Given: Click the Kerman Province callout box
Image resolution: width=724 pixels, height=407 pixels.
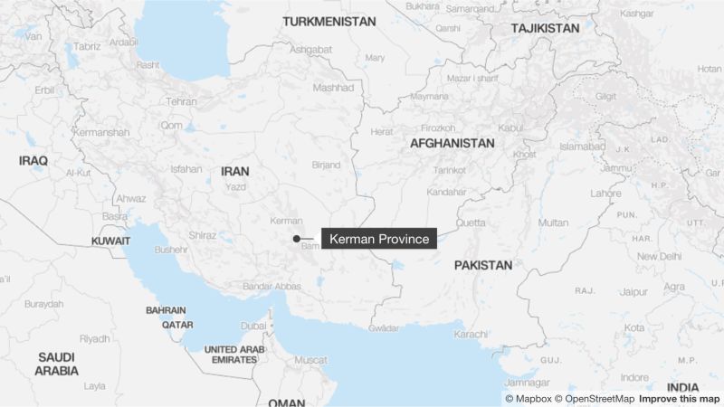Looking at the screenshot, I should coord(379,239).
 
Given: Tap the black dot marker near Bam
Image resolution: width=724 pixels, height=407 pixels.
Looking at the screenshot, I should coord(297,239).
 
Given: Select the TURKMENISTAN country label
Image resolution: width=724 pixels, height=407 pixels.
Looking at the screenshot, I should coord(328,21).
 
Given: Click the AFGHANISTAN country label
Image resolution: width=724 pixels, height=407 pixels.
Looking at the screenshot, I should coord(452,143).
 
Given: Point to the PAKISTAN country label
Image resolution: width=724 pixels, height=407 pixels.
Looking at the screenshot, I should coord(483,265).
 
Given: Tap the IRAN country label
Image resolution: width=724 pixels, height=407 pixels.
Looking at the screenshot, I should coord(235,169).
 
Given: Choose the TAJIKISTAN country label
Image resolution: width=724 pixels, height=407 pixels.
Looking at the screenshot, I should coord(545,29).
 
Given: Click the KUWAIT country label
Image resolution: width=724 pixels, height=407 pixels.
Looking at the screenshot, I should coord(110,241).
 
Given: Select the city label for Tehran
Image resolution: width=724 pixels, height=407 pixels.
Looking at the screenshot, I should coord(181,102).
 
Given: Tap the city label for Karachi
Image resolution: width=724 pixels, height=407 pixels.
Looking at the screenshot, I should coord(472,335).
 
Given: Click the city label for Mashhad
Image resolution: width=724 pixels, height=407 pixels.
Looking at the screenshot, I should coord(334,88).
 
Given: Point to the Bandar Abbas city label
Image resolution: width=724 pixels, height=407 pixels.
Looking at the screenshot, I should coord(271,287).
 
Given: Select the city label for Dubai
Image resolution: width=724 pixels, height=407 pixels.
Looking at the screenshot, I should coord(253,326).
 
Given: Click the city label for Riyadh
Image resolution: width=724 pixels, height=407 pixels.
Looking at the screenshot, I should coord(94,339).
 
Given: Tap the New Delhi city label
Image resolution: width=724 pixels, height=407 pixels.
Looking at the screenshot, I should coord(658,256).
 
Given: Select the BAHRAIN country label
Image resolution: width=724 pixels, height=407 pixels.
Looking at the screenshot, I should coord(166,309).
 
